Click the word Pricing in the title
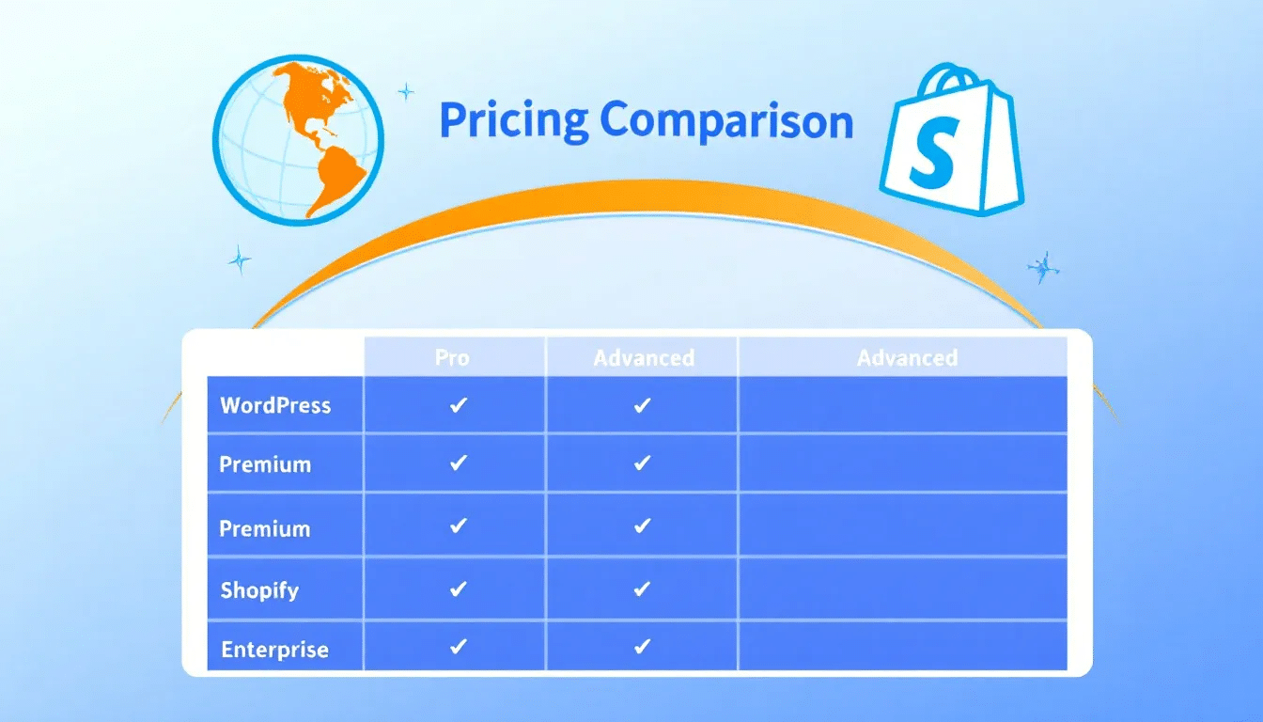click(x=513, y=122)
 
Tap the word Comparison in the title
click(x=726, y=122)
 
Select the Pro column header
click(x=452, y=358)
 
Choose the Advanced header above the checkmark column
click(x=644, y=358)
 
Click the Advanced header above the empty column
click(x=907, y=358)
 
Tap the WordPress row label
click(x=275, y=405)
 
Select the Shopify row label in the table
click(x=259, y=590)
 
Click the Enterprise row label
click(x=274, y=650)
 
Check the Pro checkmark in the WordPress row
click(x=459, y=405)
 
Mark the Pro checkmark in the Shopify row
click(x=459, y=589)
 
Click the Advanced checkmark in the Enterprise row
click(x=642, y=647)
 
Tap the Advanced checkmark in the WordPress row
click(x=642, y=405)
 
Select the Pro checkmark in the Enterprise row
click(x=459, y=647)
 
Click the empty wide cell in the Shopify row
click(x=902, y=589)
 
